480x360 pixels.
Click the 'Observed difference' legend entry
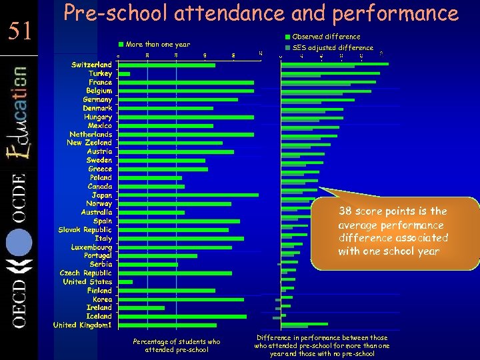click(x=326, y=37)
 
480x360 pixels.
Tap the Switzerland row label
click(x=91, y=65)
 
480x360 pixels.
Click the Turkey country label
click(x=101, y=73)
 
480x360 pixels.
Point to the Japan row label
click(x=102, y=195)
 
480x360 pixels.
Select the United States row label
click(x=87, y=282)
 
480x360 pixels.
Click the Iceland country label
click(x=99, y=316)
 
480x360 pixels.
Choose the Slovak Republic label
click(x=85, y=229)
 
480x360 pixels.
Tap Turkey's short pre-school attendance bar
click(x=125, y=73)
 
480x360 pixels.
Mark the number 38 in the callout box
click(x=345, y=211)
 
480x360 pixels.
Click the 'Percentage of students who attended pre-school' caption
click(x=177, y=346)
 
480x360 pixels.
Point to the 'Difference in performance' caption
click(x=321, y=346)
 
